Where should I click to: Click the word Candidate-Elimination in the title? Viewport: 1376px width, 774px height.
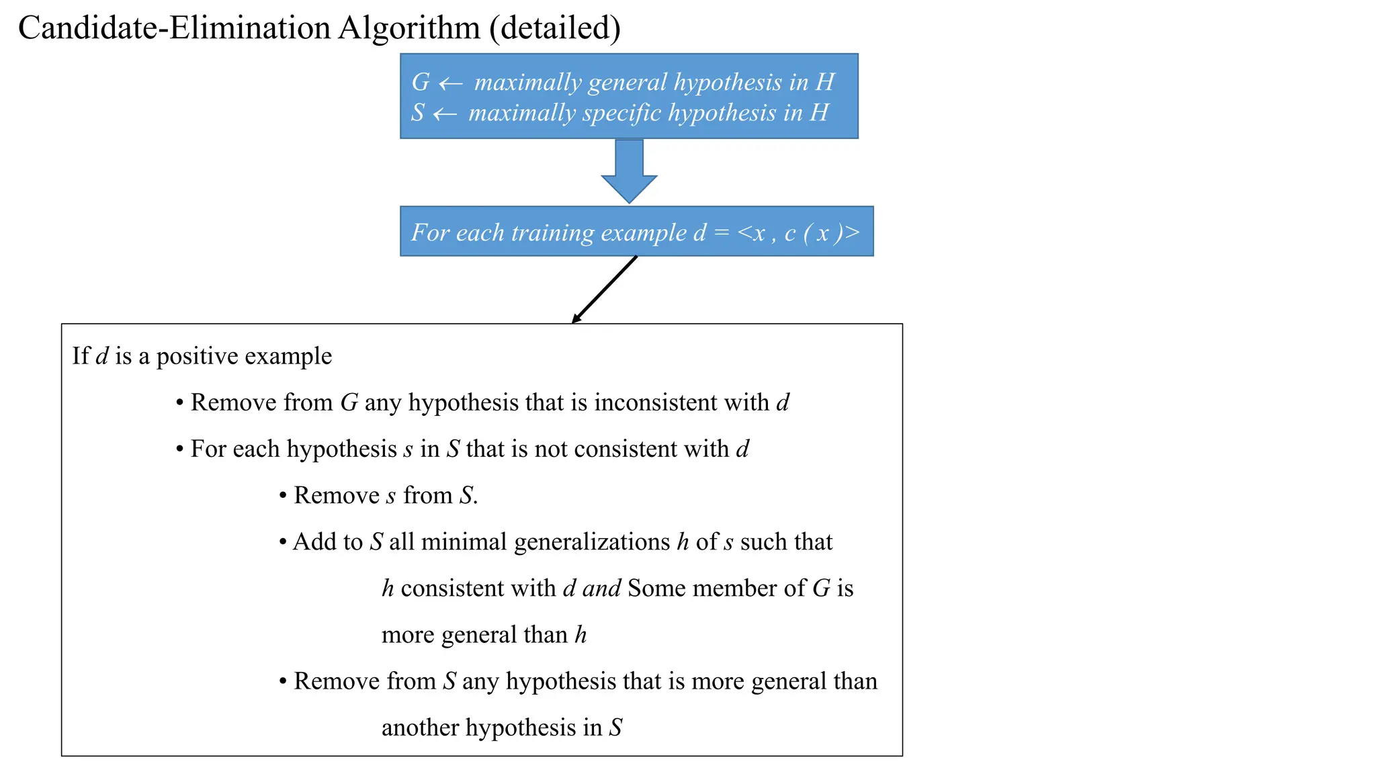tap(174, 28)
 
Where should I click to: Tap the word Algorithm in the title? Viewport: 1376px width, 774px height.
tap(409, 28)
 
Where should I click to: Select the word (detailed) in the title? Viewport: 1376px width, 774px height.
tap(555, 28)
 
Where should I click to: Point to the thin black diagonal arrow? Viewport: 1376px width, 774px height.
tap(604, 290)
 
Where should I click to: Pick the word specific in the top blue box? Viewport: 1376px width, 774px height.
tap(621, 113)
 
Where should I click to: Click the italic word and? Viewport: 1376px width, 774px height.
tap(601, 589)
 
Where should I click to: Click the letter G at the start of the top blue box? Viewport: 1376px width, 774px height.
tap(421, 83)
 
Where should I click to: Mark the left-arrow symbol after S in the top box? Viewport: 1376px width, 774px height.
tap(445, 114)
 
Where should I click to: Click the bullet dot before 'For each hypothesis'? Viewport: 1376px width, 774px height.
tap(179, 449)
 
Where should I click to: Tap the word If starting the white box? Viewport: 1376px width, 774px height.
tap(81, 356)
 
